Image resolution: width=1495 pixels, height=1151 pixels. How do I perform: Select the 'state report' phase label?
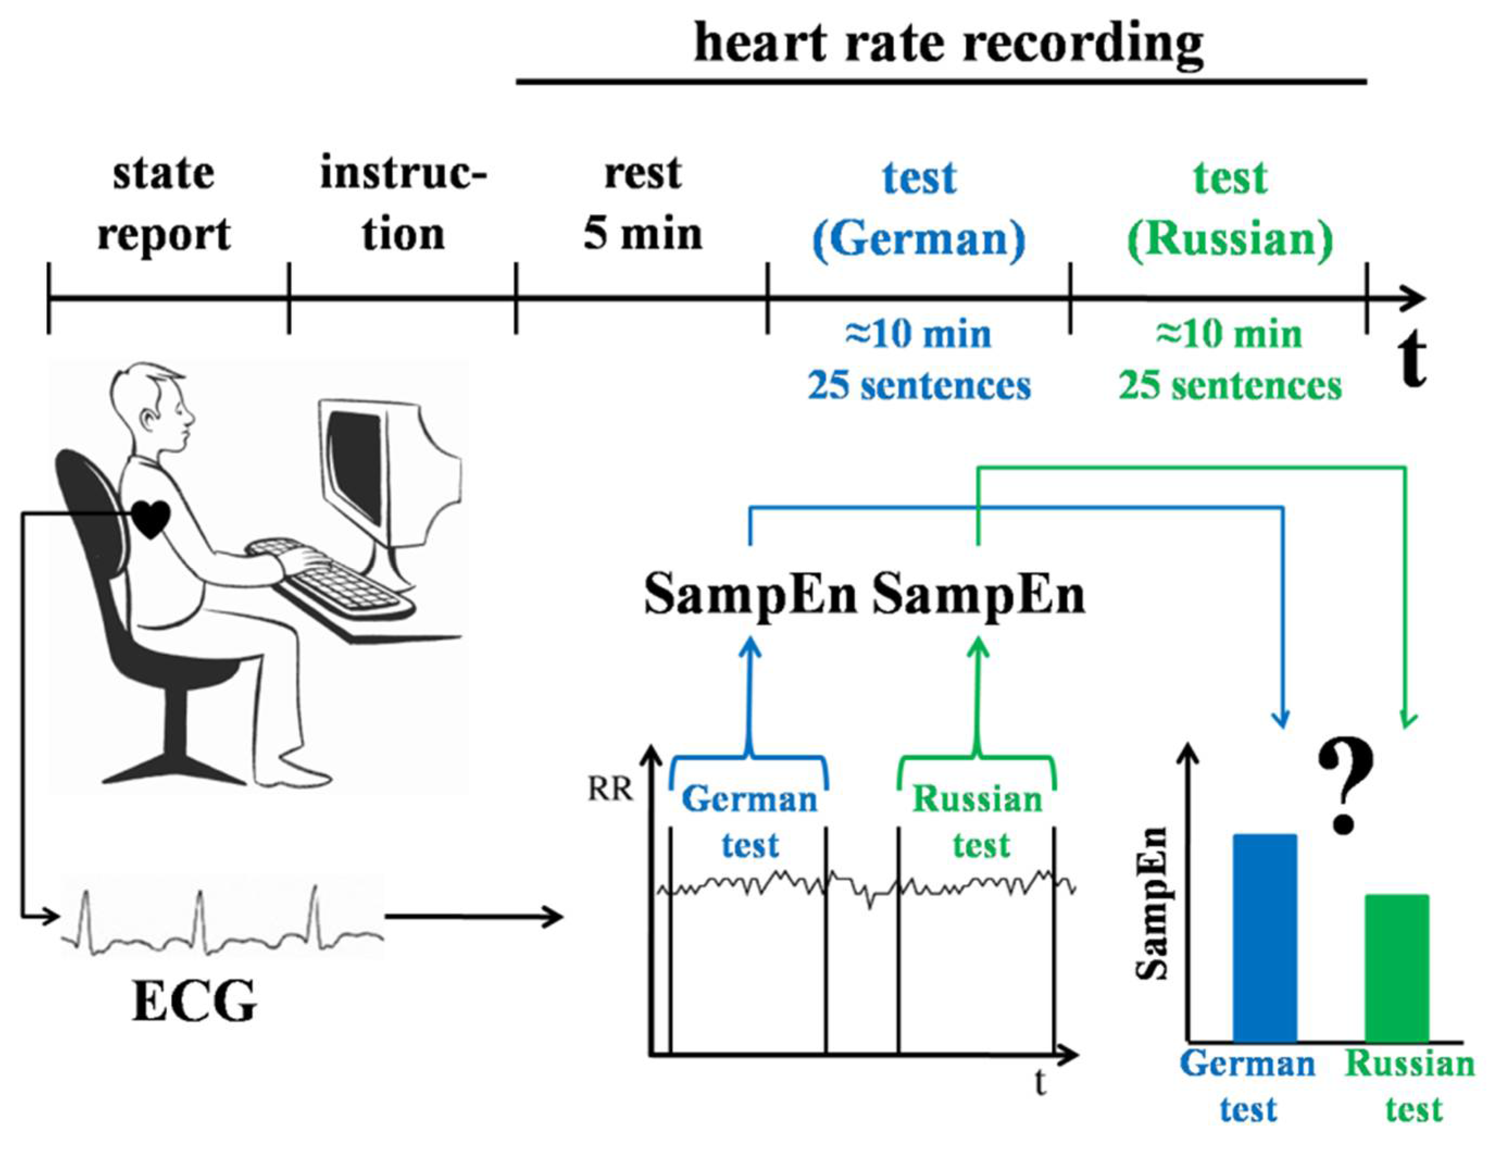(x=164, y=204)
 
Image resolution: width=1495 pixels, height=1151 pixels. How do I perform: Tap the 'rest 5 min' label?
(x=643, y=204)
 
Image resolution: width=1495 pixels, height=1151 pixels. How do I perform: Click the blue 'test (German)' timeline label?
(x=919, y=208)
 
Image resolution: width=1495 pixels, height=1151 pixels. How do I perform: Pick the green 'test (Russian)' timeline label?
(x=1230, y=208)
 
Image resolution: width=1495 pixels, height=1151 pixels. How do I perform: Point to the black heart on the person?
(x=150, y=518)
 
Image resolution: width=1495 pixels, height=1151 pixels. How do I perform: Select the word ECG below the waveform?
(x=194, y=1002)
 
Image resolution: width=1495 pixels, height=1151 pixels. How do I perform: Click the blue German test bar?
(x=1264, y=937)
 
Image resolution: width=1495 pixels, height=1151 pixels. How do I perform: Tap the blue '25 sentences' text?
(x=919, y=386)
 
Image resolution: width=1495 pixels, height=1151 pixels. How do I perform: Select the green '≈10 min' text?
(x=1229, y=335)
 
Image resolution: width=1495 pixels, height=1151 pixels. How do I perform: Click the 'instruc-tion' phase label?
(x=403, y=204)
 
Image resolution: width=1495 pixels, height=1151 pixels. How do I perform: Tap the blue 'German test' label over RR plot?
(x=750, y=822)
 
